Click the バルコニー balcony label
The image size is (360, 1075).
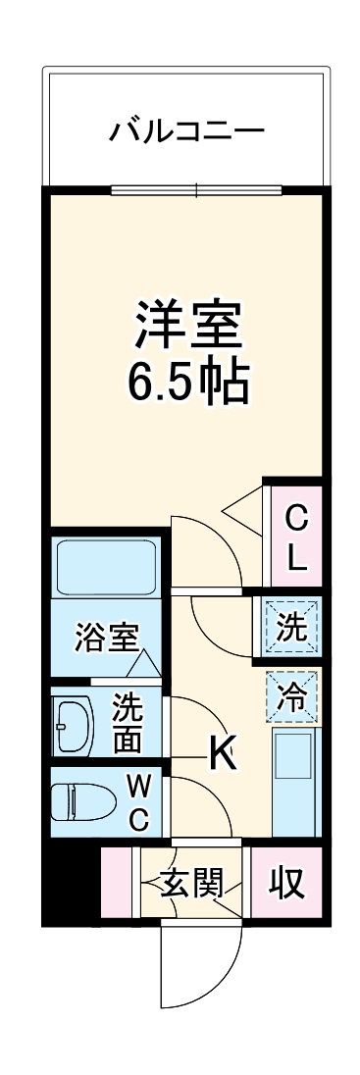[x=185, y=128]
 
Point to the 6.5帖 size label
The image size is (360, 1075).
[x=187, y=385]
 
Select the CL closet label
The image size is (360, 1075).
[x=296, y=537]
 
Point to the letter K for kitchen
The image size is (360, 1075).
[x=222, y=753]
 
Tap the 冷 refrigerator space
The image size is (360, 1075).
[x=292, y=694]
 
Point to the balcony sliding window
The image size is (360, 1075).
[x=195, y=189]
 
